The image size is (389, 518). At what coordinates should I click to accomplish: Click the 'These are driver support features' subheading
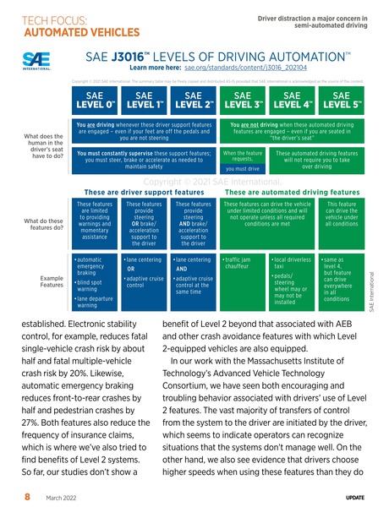(x=145, y=191)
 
